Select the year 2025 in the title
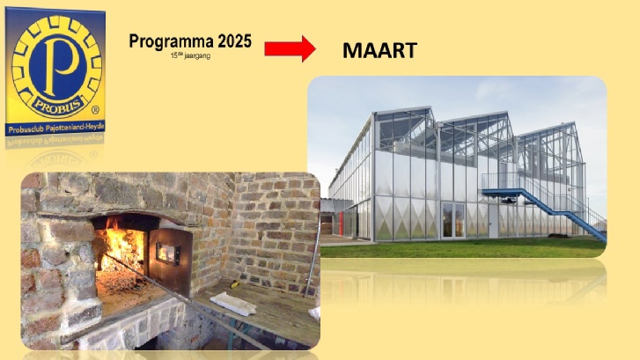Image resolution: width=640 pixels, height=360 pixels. pos(234,41)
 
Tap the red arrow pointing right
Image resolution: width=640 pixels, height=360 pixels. pos(290,48)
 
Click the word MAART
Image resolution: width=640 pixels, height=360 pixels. pos(379,51)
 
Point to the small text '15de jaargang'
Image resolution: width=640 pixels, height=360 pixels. pos(190,56)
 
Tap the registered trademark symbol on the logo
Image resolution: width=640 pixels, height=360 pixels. pos(95,109)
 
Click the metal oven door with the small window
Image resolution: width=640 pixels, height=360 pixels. pos(170,258)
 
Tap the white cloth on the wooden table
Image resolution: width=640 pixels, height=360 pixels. pos(233,304)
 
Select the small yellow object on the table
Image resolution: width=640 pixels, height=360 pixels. pos(235,284)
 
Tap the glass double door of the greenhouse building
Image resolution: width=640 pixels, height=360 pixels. pos(453,220)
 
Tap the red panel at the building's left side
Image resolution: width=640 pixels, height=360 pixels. pos(341,223)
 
